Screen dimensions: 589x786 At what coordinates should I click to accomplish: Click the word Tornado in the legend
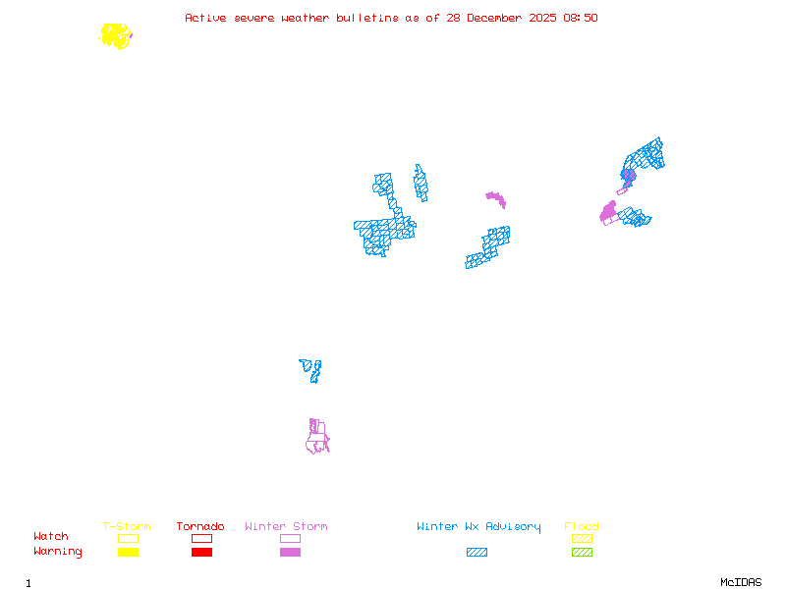(200, 527)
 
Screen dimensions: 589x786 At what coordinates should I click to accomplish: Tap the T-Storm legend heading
(127, 527)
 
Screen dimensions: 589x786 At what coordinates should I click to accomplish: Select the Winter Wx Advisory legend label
(478, 527)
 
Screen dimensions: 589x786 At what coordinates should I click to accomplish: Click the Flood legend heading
(582, 527)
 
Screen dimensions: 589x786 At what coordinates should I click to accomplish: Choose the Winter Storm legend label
(286, 527)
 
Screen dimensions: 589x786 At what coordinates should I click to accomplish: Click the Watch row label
(51, 537)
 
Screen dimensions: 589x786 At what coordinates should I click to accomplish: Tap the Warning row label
(58, 552)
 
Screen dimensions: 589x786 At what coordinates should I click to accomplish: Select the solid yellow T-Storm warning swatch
(128, 553)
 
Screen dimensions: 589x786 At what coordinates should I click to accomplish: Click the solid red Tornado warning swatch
(201, 553)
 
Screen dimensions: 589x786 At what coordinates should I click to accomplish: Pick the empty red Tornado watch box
(201, 538)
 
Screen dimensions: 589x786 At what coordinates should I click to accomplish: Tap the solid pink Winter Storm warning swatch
(290, 553)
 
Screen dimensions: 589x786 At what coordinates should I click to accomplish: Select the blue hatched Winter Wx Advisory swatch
(477, 553)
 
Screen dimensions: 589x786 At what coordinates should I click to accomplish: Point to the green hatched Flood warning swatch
(582, 553)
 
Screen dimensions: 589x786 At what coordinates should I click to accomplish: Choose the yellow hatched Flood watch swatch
(582, 538)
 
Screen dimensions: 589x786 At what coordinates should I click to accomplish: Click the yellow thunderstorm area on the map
(116, 36)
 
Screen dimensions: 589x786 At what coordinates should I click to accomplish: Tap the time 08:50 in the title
(582, 18)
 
